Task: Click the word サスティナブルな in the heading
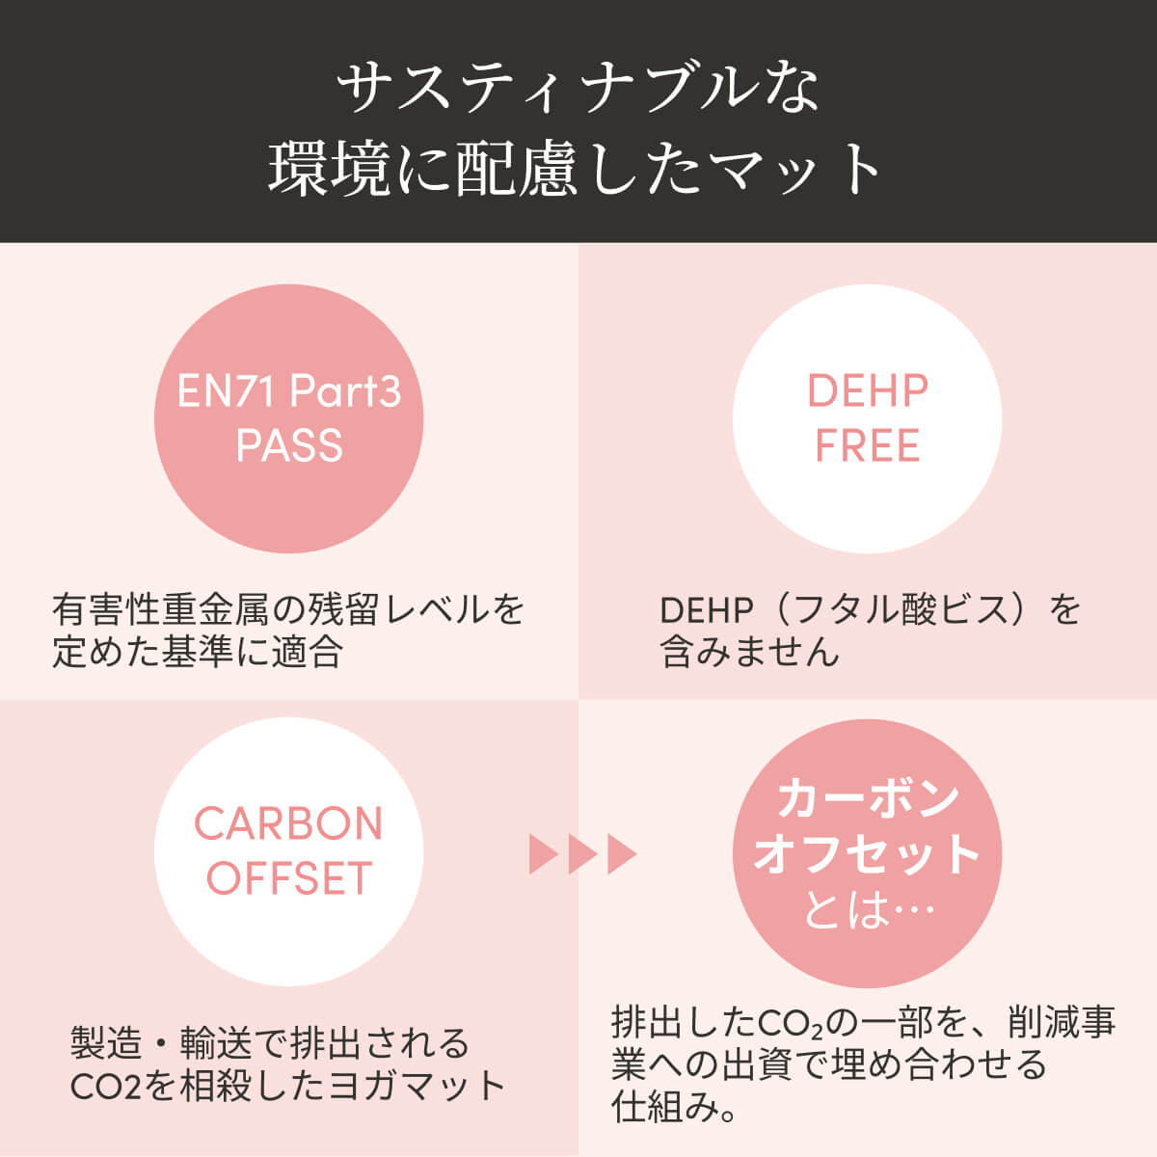pyautogui.click(x=578, y=90)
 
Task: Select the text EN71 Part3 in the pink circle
pyautogui.click(x=289, y=392)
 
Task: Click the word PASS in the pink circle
pyautogui.click(x=289, y=445)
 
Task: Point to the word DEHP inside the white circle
pyautogui.click(x=867, y=391)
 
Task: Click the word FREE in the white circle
pyautogui.click(x=867, y=445)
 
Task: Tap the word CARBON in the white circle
pyautogui.click(x=288, y=823)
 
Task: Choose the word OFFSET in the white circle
pyautogui.click(x=289, y=877)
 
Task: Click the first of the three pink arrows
pyautogui.click(x=543, y=853)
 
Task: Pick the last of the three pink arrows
pyautogui.click(x=622, y=853)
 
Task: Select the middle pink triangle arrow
pyautogui.click(x=582, y=853)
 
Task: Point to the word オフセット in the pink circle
pyautogui.click(x=867, y=854)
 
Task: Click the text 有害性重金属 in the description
pyautogui.click(x=161, y=609)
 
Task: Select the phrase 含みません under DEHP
pyautogui.click(x=749, y=652)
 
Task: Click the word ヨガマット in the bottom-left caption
pyautogui.click(x=417, y=1086)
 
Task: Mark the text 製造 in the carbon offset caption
pyautogui.click(x=107, y=1043)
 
